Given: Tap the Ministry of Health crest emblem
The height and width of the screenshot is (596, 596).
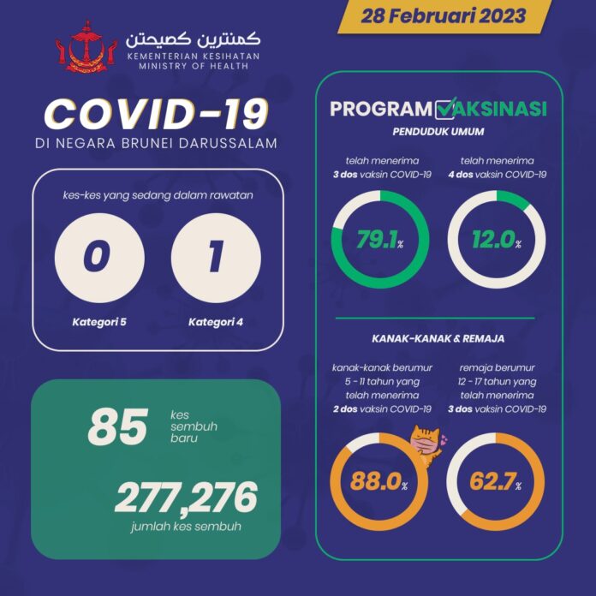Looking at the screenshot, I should (82, 49).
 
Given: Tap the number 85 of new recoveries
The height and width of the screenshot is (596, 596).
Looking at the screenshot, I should (118, 427).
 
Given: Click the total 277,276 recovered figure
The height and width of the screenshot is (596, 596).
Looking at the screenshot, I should (186, 498).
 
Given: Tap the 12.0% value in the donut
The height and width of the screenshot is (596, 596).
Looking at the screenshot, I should (495, 242).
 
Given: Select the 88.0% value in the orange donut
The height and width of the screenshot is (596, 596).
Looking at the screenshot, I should (377, 481).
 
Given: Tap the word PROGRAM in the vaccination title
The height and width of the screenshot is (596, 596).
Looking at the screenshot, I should (380, 110).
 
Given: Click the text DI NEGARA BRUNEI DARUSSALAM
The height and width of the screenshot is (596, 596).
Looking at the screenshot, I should (155, 144).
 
